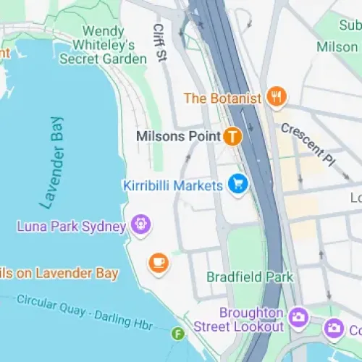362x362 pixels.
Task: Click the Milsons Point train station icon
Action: click(x=232, y=135)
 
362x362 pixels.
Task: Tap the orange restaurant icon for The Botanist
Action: click(x=275, y=96)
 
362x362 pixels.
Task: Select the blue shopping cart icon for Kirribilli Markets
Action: click(x=237, y=185)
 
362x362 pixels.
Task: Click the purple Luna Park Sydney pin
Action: click(x=140, y=225)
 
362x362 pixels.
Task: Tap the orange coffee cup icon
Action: click(x=159, y=263)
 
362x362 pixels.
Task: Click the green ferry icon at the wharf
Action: click(x=177, y=334)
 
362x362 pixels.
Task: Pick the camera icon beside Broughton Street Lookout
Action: click(x=298, y=317)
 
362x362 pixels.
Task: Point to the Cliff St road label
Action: click(x=159, y=43)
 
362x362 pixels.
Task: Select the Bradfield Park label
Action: click(x=250, y=277)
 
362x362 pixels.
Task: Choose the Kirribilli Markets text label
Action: click(x=172, y=186)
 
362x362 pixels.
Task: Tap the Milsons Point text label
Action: click(x=178, y=136)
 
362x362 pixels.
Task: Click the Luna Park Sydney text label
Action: click(x=71, y=227)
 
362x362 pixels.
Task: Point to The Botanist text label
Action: click(x=222, y=98)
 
